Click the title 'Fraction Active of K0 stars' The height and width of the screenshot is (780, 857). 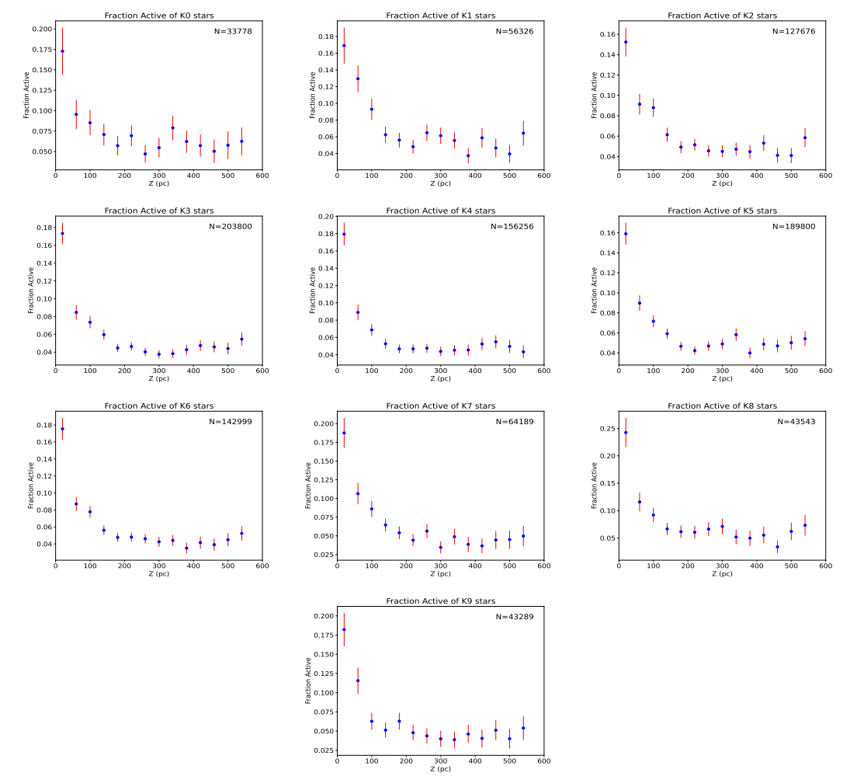(x=158, y=16)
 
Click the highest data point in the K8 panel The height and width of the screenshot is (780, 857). (x=626, y=433)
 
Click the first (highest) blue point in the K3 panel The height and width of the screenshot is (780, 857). (x=62, y=233)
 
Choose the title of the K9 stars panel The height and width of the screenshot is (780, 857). (x=440, y=601)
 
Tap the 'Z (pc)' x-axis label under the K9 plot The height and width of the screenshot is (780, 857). (x=440, y=769)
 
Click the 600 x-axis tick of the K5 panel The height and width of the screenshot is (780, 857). (x=825, y=371)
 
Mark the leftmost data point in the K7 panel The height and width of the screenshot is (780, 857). (x=344, y=433)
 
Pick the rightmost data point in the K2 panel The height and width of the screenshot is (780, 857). (x=805, y=138)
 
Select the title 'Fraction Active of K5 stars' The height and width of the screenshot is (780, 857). (x=722, y=211)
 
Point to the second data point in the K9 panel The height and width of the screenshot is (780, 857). (x=358, y=681)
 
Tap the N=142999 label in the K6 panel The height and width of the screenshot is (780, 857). (x=231, y=421)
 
